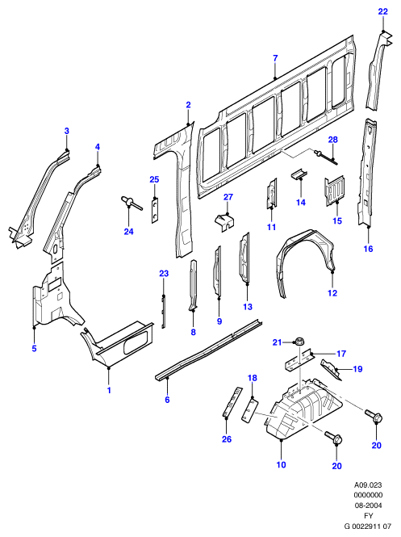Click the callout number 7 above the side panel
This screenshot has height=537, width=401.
tap(275, 59)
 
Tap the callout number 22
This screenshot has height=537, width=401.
tap(383, 11)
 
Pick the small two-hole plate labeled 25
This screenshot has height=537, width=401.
tap(156, 211)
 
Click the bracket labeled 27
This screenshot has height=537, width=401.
tap(223, 221)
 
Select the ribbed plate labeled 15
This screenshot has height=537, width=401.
tap(335, 191)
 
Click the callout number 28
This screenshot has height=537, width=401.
tap(332, 140)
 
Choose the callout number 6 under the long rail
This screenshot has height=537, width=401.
tap(167, 400)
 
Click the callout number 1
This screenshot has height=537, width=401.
tap(109, 390)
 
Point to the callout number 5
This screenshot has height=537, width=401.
tap(34, 349)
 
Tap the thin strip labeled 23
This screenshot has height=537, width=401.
tap(164, 312)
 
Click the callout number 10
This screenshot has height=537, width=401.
tap(281, 464)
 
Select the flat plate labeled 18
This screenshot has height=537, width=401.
tap(250, 409)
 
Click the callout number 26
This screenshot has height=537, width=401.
tap(227, 439)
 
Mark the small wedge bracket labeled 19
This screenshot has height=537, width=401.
tap(331, 370)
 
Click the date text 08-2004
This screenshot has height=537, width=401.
tap(368, 506)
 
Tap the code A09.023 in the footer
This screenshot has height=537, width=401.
tap(368, 485)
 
